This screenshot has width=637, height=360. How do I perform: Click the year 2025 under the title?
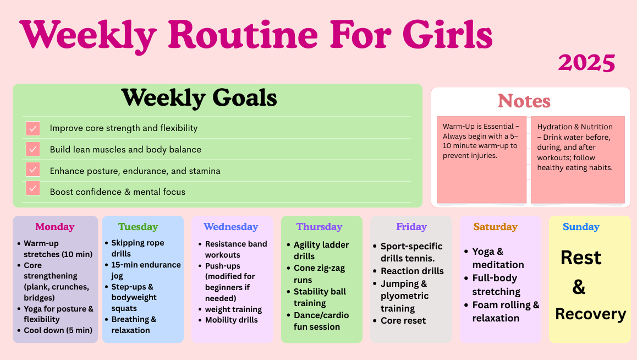pos(586,63)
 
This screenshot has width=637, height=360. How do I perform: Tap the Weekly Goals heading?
pos(199,98)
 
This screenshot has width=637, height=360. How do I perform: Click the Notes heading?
pos(524,101)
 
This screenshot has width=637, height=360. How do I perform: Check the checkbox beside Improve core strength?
pos(33,128)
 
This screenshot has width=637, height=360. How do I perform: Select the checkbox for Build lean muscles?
pos(33,149)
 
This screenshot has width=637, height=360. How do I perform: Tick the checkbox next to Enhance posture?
pos(33,170)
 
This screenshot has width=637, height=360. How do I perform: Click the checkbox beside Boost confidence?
pos(33,189)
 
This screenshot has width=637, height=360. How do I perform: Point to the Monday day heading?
pos(55,227)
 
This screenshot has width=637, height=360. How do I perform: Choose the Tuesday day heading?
pos(138,227)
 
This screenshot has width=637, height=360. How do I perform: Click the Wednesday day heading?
pos(230,227)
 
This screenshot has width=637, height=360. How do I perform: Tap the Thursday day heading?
pos(319,227)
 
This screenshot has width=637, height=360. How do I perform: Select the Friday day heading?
pos(411,227)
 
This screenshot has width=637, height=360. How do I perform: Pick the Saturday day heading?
pos(495,227)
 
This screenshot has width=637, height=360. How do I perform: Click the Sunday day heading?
pos(581,227)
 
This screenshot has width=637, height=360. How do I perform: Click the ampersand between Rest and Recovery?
pos(579,287)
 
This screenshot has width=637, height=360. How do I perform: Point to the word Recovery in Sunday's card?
pos(591,314)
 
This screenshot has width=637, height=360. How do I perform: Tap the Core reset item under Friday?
pos(403,320)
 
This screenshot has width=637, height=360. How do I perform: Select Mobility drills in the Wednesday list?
pos(231,320)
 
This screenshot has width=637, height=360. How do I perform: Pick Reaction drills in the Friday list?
pos(412,271)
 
